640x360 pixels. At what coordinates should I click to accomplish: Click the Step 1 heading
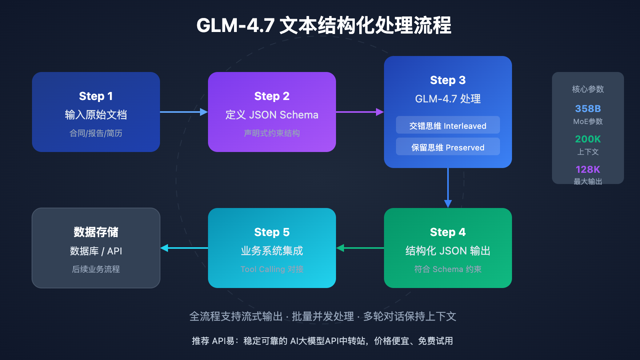(96, 96)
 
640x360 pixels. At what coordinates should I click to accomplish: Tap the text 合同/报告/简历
(96, 133)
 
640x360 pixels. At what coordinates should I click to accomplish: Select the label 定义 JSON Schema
(272, 115)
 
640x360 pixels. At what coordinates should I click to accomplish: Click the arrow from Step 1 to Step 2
(184, 112)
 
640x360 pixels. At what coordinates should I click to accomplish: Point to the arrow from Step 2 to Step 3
(360, 112)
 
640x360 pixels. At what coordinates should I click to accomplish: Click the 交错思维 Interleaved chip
(448, 126)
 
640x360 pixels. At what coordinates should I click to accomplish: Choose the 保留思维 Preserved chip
(448, 147)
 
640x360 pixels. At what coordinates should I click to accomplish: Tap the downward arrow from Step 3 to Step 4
(448, 188)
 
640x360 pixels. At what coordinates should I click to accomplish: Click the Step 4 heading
(448, 232)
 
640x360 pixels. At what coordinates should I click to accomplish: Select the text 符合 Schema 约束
(448, 269)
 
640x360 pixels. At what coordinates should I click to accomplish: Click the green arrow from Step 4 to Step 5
(360, 248)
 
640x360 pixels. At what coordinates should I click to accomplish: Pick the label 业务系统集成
(272, 251)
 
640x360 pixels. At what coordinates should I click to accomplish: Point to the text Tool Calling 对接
(272, 269)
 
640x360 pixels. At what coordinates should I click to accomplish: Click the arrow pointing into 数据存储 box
(184, 248)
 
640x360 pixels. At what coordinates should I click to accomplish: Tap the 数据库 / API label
(96, 251)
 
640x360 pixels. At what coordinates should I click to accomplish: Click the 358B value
(588, 109)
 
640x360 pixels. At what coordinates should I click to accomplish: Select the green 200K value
(588, 139)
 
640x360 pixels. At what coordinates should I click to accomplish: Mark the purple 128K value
(588, 170)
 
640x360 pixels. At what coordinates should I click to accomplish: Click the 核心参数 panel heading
(588, 89)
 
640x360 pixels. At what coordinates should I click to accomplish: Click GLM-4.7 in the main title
(235, 26)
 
